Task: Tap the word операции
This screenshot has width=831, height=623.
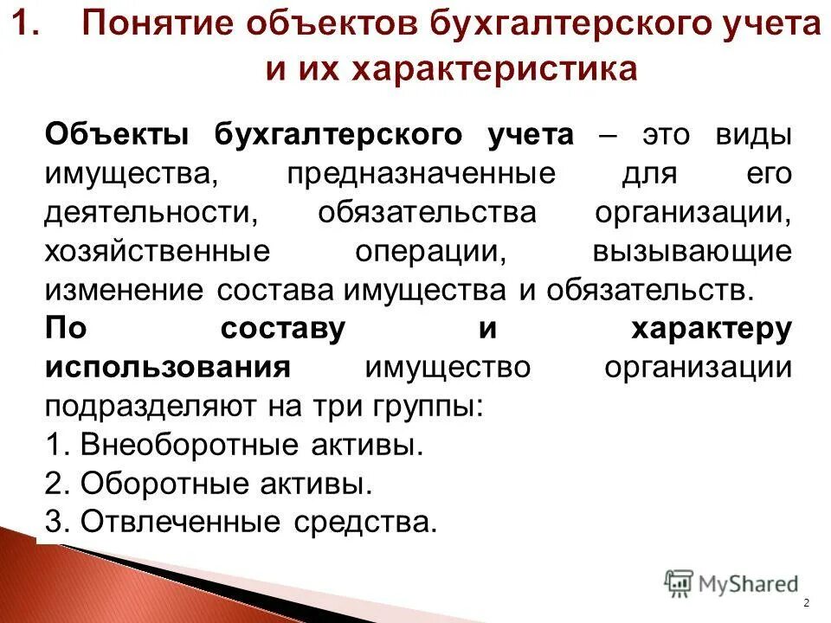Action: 430,251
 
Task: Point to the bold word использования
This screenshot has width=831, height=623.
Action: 166,367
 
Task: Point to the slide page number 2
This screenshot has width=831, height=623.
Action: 806,603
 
